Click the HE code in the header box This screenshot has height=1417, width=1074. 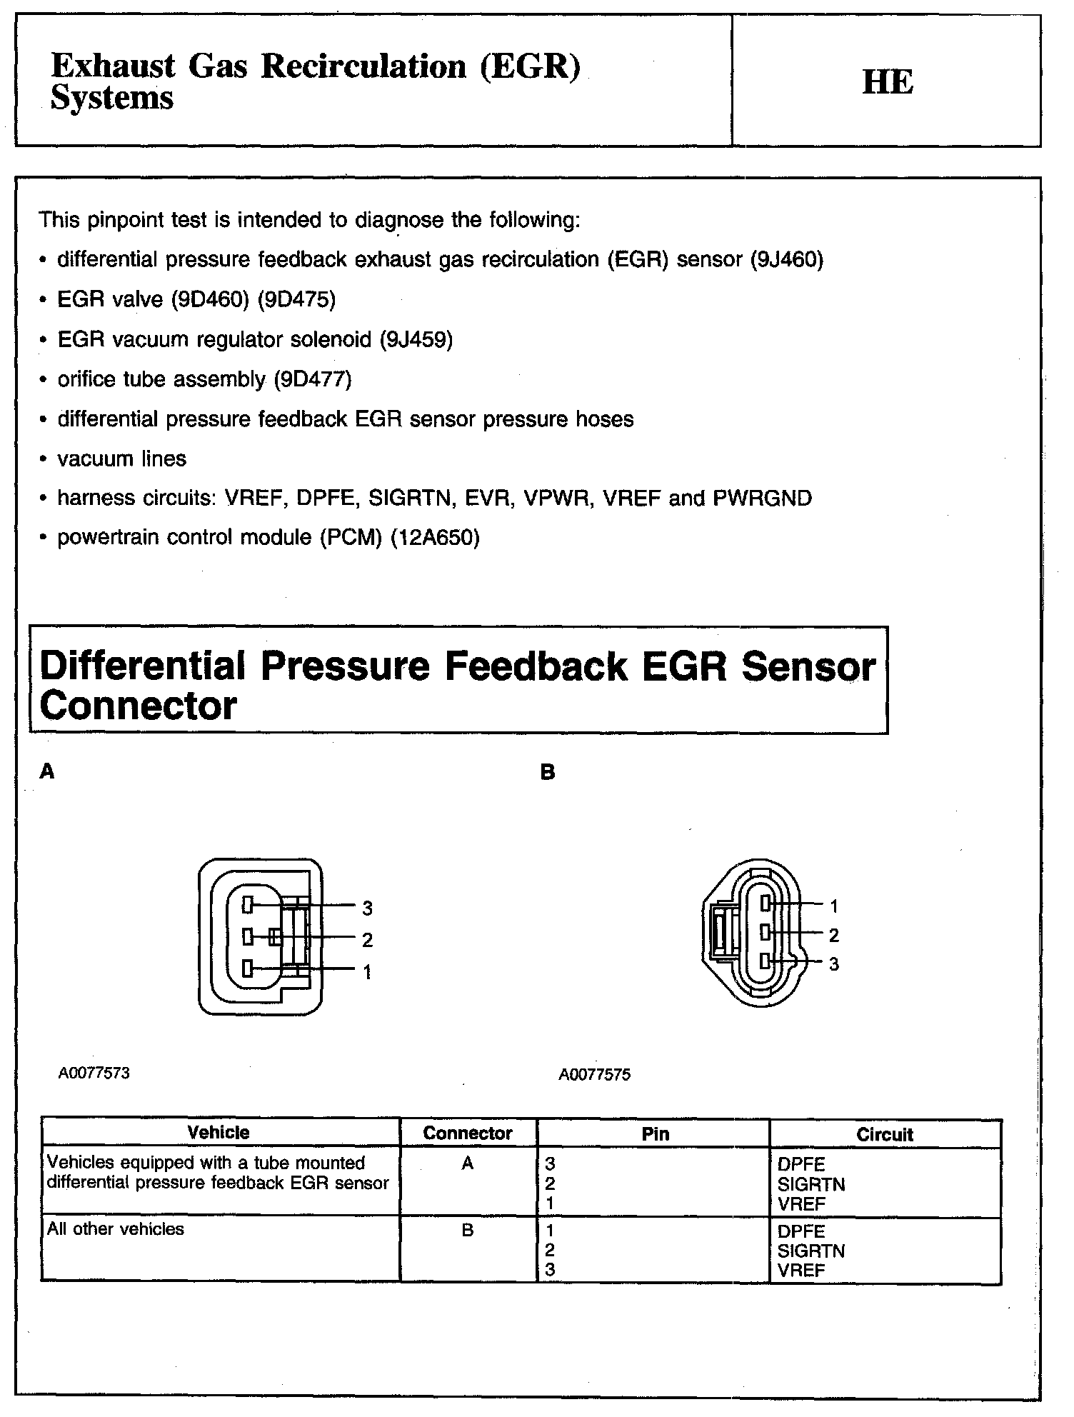pos(888,81)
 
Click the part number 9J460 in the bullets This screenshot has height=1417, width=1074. pos(786,259)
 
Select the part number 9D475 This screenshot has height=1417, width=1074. pos(297,299)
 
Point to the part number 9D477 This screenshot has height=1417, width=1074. pos(313,379)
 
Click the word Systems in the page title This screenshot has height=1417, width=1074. pos(112,98)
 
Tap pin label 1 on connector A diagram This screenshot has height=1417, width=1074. pos(367,971)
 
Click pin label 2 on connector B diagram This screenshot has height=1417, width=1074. pos(834,935)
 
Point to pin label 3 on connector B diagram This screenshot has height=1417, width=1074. pos(834,964)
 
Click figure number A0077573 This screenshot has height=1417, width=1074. pos(94,1073)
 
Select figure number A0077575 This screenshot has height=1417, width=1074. pos(595,1075)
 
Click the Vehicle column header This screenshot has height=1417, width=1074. pos(219,1133)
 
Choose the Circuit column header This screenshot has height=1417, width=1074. pos(885,1134)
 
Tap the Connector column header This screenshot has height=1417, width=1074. pos(468,1133)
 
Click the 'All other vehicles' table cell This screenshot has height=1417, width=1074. pos(116,1229)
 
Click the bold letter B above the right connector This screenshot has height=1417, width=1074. pos(548,772)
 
